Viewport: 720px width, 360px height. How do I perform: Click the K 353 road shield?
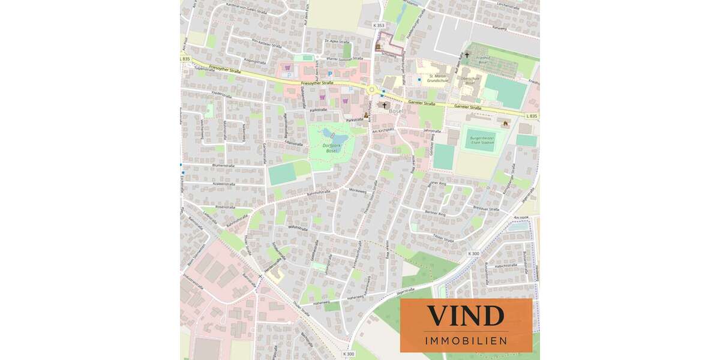(378, 25)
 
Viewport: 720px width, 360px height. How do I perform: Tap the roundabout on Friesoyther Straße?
(372, 90)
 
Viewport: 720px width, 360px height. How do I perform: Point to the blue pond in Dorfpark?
(328, 133)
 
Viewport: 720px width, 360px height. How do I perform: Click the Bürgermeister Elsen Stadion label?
(482, 139)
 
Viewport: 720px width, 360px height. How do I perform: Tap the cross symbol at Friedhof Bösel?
(467, 55)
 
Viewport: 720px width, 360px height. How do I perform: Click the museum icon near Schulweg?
(378, 46)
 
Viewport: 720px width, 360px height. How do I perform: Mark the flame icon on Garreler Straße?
(505, 124)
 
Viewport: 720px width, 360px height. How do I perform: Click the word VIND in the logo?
(465, 316)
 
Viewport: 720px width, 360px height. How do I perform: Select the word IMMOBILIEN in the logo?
(466, 341)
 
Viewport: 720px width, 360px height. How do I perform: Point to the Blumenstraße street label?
(223, 165)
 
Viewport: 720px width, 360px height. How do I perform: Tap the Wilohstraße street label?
(298, 229)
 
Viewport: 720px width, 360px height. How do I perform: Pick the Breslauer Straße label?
(485, 209)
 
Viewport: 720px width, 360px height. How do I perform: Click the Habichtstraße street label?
(506, 265)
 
